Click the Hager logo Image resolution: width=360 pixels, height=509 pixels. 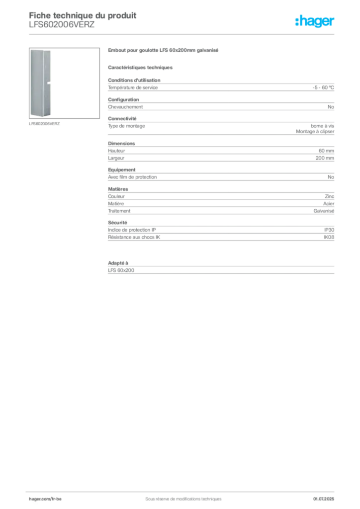pos(314,21)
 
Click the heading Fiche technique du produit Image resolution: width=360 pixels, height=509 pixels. pos(83,15)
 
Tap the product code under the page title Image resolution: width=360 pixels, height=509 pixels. pos(62,25)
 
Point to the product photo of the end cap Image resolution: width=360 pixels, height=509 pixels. pos(64,83)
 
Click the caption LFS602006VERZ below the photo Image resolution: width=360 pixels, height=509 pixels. pos(44,124)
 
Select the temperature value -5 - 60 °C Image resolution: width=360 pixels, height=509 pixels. pos(323,87)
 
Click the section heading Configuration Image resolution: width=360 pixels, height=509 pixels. pos(123,99)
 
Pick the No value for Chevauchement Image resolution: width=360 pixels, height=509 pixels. pos(331,107)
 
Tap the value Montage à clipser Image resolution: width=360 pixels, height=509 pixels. pos(315,131)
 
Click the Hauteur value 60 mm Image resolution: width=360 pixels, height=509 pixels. pos(326,151)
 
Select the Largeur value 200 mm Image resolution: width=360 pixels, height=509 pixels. pos(325,158)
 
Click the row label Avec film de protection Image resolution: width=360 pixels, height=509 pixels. pos(132,177)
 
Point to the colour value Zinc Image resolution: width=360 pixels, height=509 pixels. pos(330,196)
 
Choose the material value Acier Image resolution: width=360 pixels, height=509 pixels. pos(329,203)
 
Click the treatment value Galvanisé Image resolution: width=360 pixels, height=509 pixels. pos(324,211)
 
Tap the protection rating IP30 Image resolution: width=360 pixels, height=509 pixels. pos(329,230)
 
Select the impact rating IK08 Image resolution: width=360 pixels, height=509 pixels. pos(329,237)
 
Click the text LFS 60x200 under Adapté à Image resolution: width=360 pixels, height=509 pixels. pos(121,270)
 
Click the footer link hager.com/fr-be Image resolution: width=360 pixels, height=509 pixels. pos(45,499)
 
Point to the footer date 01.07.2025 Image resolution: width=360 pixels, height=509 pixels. pos(324,499)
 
